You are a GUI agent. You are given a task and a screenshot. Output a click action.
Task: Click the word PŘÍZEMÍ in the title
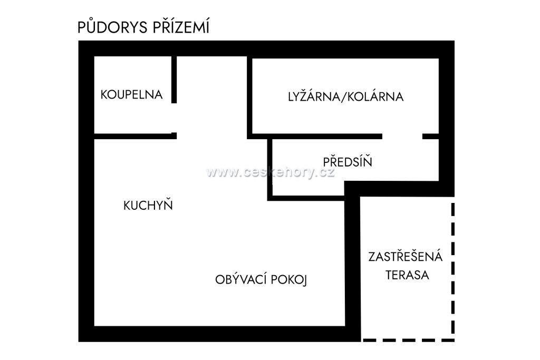tap(181, 26)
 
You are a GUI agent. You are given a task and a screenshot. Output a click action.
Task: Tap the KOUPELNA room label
tap(131, 95)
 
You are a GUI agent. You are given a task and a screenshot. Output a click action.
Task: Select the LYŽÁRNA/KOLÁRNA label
tap(346, 96)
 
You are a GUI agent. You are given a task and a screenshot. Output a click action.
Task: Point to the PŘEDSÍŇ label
tap(348, 161)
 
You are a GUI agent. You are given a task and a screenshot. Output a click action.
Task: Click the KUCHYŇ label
tap(148, 205)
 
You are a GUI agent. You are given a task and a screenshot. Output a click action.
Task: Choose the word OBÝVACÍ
tap(240, 279)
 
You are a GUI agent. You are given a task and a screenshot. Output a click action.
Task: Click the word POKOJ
tap(289, 280)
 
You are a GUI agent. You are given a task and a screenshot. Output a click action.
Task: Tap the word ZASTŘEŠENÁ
tap(406, 256)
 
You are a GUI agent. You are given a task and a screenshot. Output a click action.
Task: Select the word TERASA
tap(407, 275)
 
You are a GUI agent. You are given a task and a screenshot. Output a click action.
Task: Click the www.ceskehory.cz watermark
tap(271, 172)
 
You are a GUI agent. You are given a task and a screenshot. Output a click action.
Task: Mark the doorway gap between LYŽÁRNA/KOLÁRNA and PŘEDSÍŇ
tap(402, 137)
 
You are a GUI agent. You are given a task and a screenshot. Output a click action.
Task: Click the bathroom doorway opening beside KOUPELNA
tap(174, 118)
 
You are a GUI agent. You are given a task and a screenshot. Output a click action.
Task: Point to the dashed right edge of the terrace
tap(453, 268)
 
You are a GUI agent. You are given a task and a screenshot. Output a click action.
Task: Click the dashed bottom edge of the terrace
tap(409, 340)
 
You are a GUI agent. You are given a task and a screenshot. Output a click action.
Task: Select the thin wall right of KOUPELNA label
tap(174, 80)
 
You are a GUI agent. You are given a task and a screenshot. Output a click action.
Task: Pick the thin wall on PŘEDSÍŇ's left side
tap(269, 169)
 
